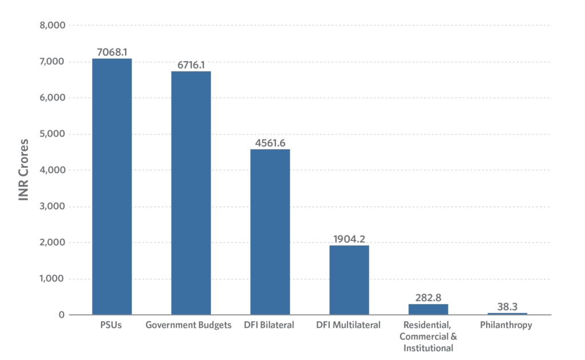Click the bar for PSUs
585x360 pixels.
coord(112,186)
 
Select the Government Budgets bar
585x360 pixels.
coord(191,193)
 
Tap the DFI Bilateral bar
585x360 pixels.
coord(270,231)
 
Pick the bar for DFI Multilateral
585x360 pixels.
coord(349,279)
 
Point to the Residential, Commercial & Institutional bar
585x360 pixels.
coord(428,309)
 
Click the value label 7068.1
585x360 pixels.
coord(112,53)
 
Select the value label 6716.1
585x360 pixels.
coord(191,65)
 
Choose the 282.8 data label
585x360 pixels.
coord(428,298)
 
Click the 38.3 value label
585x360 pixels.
coord(507,307)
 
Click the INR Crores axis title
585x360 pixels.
coord(23,170)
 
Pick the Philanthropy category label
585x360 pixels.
coord(507,325)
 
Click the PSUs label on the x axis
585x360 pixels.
coord(112,325)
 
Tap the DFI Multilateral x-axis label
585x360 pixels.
coord(349,325)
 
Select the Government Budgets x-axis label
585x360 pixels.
coord(191,325)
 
